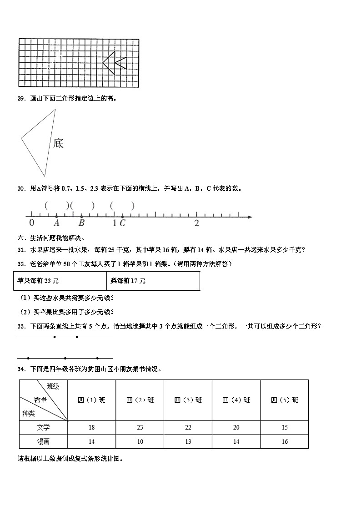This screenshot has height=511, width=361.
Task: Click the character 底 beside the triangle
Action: pos(58,143)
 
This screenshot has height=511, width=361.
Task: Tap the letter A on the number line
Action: pos(56,223)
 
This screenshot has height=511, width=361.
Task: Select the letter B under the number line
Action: pos(81,223)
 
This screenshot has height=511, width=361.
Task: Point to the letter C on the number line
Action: pos(122,223)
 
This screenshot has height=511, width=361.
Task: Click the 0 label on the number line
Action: pos(31,223)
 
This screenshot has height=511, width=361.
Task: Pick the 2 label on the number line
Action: pos(196,223)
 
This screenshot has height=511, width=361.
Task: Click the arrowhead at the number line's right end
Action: pos(250,217)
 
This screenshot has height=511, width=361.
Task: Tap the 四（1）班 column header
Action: pos(91,400)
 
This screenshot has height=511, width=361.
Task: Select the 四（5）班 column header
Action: pos(285,400)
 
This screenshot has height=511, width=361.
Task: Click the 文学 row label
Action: pos(44,428)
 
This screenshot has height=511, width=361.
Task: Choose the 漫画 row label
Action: pos(44,441)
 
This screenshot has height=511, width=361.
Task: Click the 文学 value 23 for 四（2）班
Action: pos(140,428)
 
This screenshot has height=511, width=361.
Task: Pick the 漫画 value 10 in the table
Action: pos(140,441)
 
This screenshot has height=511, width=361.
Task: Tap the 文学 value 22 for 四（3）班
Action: pos(188,428)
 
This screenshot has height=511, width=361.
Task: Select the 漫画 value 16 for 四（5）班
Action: pos(285,441)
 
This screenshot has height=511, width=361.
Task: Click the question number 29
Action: pos(21,98)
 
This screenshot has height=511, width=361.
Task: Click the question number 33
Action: pos(21,326)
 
